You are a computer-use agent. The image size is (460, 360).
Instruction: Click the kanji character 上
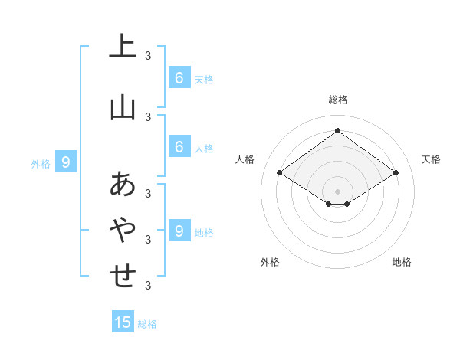(123, 47)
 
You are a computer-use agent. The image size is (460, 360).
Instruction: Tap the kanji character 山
(123, 108)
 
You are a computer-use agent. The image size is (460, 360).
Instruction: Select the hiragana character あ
(123, 185)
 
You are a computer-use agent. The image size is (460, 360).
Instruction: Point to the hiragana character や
(123, 230)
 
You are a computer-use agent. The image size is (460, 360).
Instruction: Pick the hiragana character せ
(123, 276)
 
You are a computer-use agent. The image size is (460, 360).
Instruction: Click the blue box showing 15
(123, 322)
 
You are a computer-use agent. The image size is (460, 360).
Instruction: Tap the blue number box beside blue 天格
(179, 78)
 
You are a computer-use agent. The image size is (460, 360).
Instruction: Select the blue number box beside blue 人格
(179, 147)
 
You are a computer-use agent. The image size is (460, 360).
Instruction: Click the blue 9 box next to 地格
(179, 231)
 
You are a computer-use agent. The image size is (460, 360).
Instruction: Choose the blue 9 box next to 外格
(66, 162)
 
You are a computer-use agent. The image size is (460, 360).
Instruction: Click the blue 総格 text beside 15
(147, 324)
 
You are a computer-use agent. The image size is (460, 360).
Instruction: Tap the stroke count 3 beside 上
(148, 56)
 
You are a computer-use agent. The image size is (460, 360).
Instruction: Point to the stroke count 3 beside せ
(148, 286)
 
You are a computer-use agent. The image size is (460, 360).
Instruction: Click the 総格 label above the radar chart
(338, 100)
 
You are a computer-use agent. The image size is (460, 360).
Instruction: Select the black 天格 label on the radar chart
(432, 159)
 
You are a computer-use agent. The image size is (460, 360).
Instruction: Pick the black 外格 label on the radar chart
(270, 262)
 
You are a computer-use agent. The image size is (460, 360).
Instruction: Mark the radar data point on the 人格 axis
(280, 173)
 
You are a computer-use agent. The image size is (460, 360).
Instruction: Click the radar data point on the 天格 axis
(396, 173)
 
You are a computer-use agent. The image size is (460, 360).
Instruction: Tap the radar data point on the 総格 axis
(338, 131)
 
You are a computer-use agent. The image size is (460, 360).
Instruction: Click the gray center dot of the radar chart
(338, 191)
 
